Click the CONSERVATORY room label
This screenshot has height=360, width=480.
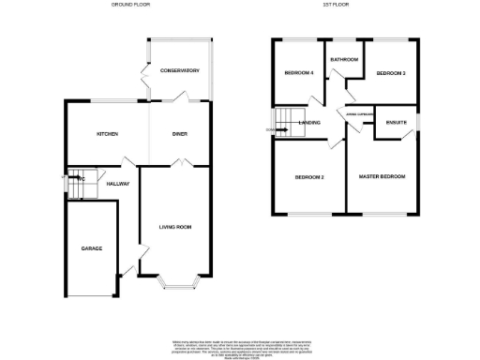(x=180, y=71)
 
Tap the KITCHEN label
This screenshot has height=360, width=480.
(x=108, y=135)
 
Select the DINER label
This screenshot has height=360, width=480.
(x=180, y=135)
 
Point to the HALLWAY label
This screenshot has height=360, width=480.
(x=117, y=184)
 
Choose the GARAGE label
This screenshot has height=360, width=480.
(x=91, y=248)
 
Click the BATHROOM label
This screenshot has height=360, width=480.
(x=344, y=60)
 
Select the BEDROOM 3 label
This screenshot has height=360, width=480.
(x=390, y=73)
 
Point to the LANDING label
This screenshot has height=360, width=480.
(x=309, y=123)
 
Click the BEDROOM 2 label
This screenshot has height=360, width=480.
(x=309, y=177)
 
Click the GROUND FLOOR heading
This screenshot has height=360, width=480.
(x=130, y=5)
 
